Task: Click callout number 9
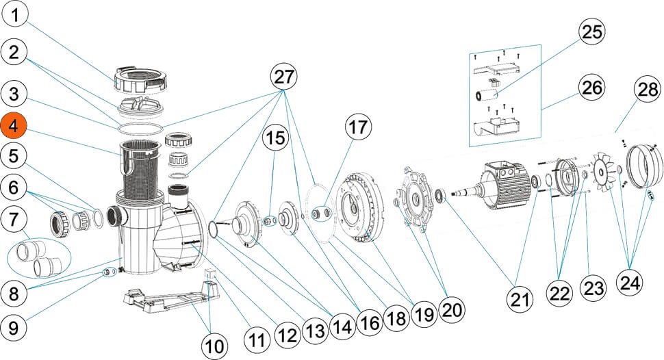(x=15, y=328)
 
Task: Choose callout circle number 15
(x=275, y=138)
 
